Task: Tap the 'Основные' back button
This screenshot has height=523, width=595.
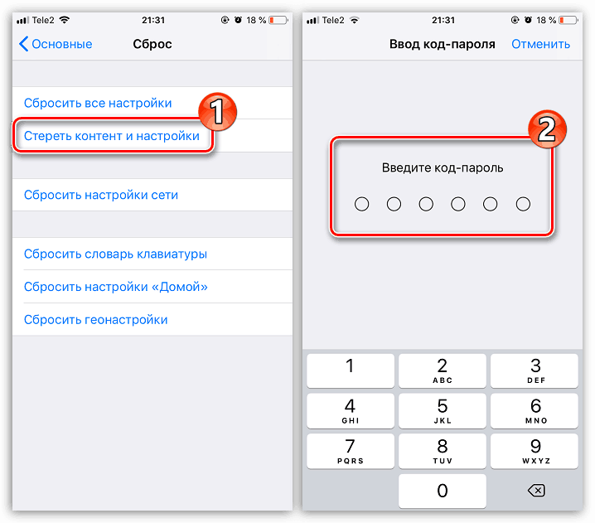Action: coord(56,44)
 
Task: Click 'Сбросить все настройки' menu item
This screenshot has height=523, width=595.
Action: coord(98,103)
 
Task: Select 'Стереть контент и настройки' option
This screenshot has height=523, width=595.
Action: coord(112,136)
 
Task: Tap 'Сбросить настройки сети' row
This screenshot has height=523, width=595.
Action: coord(101,195)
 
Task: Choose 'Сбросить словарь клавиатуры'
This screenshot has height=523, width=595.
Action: coord(115,254)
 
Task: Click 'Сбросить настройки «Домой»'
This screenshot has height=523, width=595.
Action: coord(116,287)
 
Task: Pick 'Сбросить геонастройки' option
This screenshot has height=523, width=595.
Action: coord(95,320)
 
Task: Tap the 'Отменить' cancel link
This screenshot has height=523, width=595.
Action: coord(540,44)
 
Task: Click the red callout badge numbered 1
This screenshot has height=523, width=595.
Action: coord(217,112)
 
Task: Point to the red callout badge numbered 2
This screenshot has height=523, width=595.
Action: coord(547,129)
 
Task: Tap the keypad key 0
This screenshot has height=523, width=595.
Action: coord(442,491)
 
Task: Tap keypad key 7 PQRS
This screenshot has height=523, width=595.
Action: coord(351,451)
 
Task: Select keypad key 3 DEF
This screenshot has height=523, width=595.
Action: coord(535,370)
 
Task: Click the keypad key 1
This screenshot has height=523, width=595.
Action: coord(351,370)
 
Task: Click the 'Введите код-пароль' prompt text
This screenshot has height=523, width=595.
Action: coord(443,167)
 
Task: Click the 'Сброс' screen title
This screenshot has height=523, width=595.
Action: coord(152,44)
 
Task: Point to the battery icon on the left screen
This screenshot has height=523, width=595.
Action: coord(278,20)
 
